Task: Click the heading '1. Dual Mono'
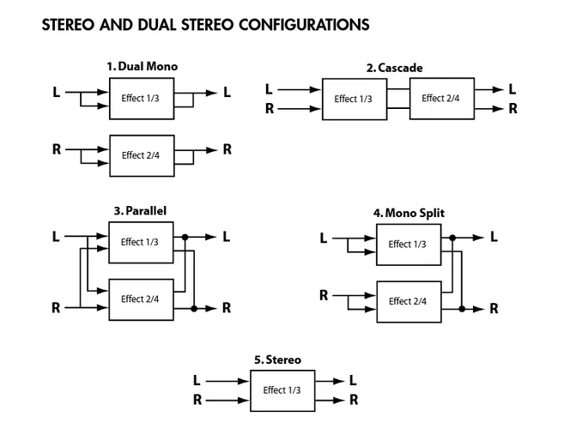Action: [142, 66]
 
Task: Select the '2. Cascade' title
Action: [395, 68]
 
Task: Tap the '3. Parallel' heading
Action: [140, 210]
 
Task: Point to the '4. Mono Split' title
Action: [409, 213]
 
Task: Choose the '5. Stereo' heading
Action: [278, 360]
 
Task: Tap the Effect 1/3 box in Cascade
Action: [354, 100]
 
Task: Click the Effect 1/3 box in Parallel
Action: [141, 242]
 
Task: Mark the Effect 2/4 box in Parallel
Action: [141, 299]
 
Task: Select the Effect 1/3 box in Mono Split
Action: [408, 245]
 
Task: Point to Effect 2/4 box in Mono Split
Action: [408, 301]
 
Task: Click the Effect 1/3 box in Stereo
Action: [282, 390]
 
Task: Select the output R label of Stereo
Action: [353, 400]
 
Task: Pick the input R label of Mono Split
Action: [324, 295]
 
